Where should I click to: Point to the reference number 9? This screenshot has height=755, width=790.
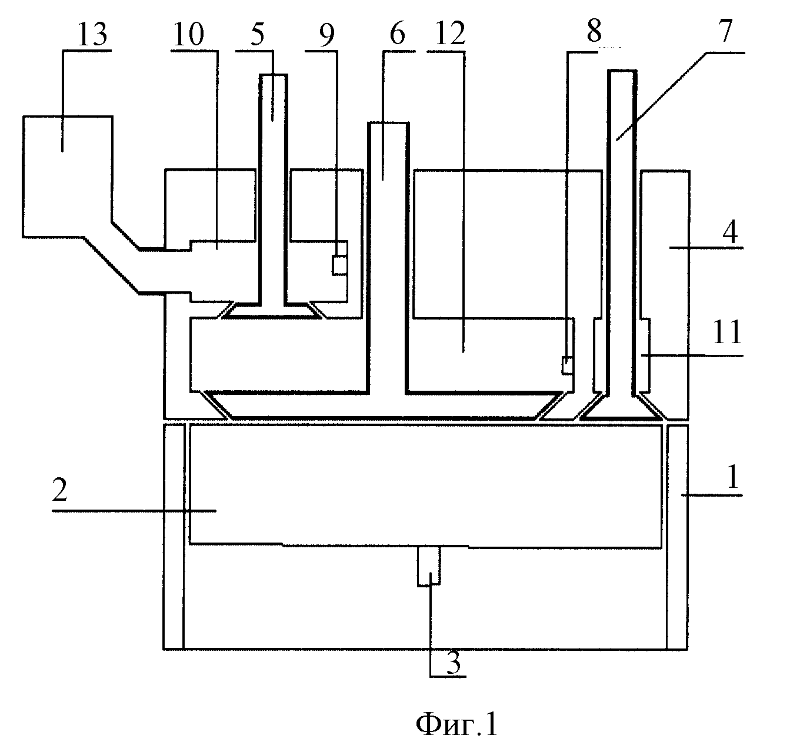click(327, 35)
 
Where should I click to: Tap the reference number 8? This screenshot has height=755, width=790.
click(594, 31)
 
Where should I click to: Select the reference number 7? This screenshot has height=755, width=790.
click(725, 31)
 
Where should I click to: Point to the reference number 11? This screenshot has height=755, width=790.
click(726, 332)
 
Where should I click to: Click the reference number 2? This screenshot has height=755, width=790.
click(59, 490)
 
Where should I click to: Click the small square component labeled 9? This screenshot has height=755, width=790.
click(339, 265)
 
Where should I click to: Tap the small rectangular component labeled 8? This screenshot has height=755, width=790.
click(567, 365)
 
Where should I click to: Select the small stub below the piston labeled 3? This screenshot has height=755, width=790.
click(429, 566)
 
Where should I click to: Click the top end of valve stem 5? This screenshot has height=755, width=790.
click(273, 75)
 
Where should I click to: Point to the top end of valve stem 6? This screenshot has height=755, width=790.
click(388, 123)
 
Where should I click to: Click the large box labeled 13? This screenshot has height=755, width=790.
click(68, 177)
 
